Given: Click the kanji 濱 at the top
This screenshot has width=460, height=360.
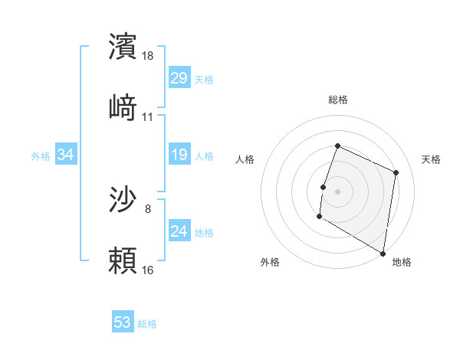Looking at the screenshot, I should tap(123, 47).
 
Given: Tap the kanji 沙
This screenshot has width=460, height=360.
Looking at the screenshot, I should tap(123, 200).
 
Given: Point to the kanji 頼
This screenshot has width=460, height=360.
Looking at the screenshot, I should tap(123, 260).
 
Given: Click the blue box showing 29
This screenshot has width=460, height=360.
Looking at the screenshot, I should tap(179, 78).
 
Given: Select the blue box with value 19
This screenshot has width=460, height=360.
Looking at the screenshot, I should tap(179, 155).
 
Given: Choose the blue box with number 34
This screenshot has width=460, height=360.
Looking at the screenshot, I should tap(66, 155).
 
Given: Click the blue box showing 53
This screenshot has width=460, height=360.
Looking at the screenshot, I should tap(123, 322).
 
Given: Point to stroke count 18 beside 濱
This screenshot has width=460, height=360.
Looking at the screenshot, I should tap(149, 57).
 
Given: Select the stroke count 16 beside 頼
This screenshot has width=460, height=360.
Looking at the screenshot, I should tap(148, 270).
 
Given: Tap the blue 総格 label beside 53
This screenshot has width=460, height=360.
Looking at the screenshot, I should tap(147, 324).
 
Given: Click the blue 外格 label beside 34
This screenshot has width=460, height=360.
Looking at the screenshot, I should tap(41, 156).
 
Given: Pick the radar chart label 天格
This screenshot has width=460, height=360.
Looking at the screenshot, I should tap(431, 159).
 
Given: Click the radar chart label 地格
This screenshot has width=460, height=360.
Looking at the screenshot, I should tap(402, 263).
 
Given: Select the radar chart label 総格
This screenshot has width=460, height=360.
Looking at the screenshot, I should tap(338, 100).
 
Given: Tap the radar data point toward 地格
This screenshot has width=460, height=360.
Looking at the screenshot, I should tap(382, 253).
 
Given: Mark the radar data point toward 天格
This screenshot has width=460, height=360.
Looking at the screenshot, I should tap(396, 173).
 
